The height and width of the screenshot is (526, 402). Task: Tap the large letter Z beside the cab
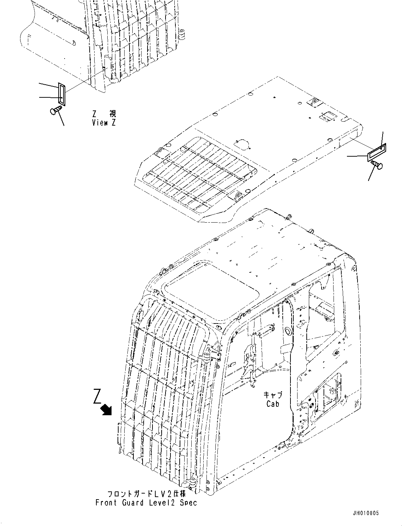[97, 396]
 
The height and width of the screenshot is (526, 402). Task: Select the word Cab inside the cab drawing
[273, 404]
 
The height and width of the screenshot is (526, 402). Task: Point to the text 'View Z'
[104, 123]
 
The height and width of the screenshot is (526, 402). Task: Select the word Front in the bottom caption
[106, 503]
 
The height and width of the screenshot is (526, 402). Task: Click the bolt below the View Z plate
[56, 110]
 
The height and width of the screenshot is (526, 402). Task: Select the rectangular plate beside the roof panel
[377, 152]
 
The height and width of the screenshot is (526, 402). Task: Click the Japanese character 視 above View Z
[112, 114]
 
